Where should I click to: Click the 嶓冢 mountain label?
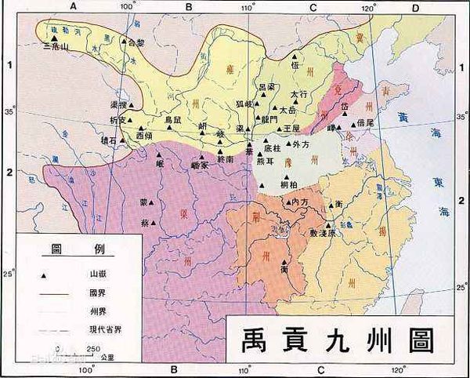(x=201, y=165)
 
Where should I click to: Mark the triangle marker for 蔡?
(x=154, y=223)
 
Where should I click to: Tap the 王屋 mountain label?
(x=291, y=127)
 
